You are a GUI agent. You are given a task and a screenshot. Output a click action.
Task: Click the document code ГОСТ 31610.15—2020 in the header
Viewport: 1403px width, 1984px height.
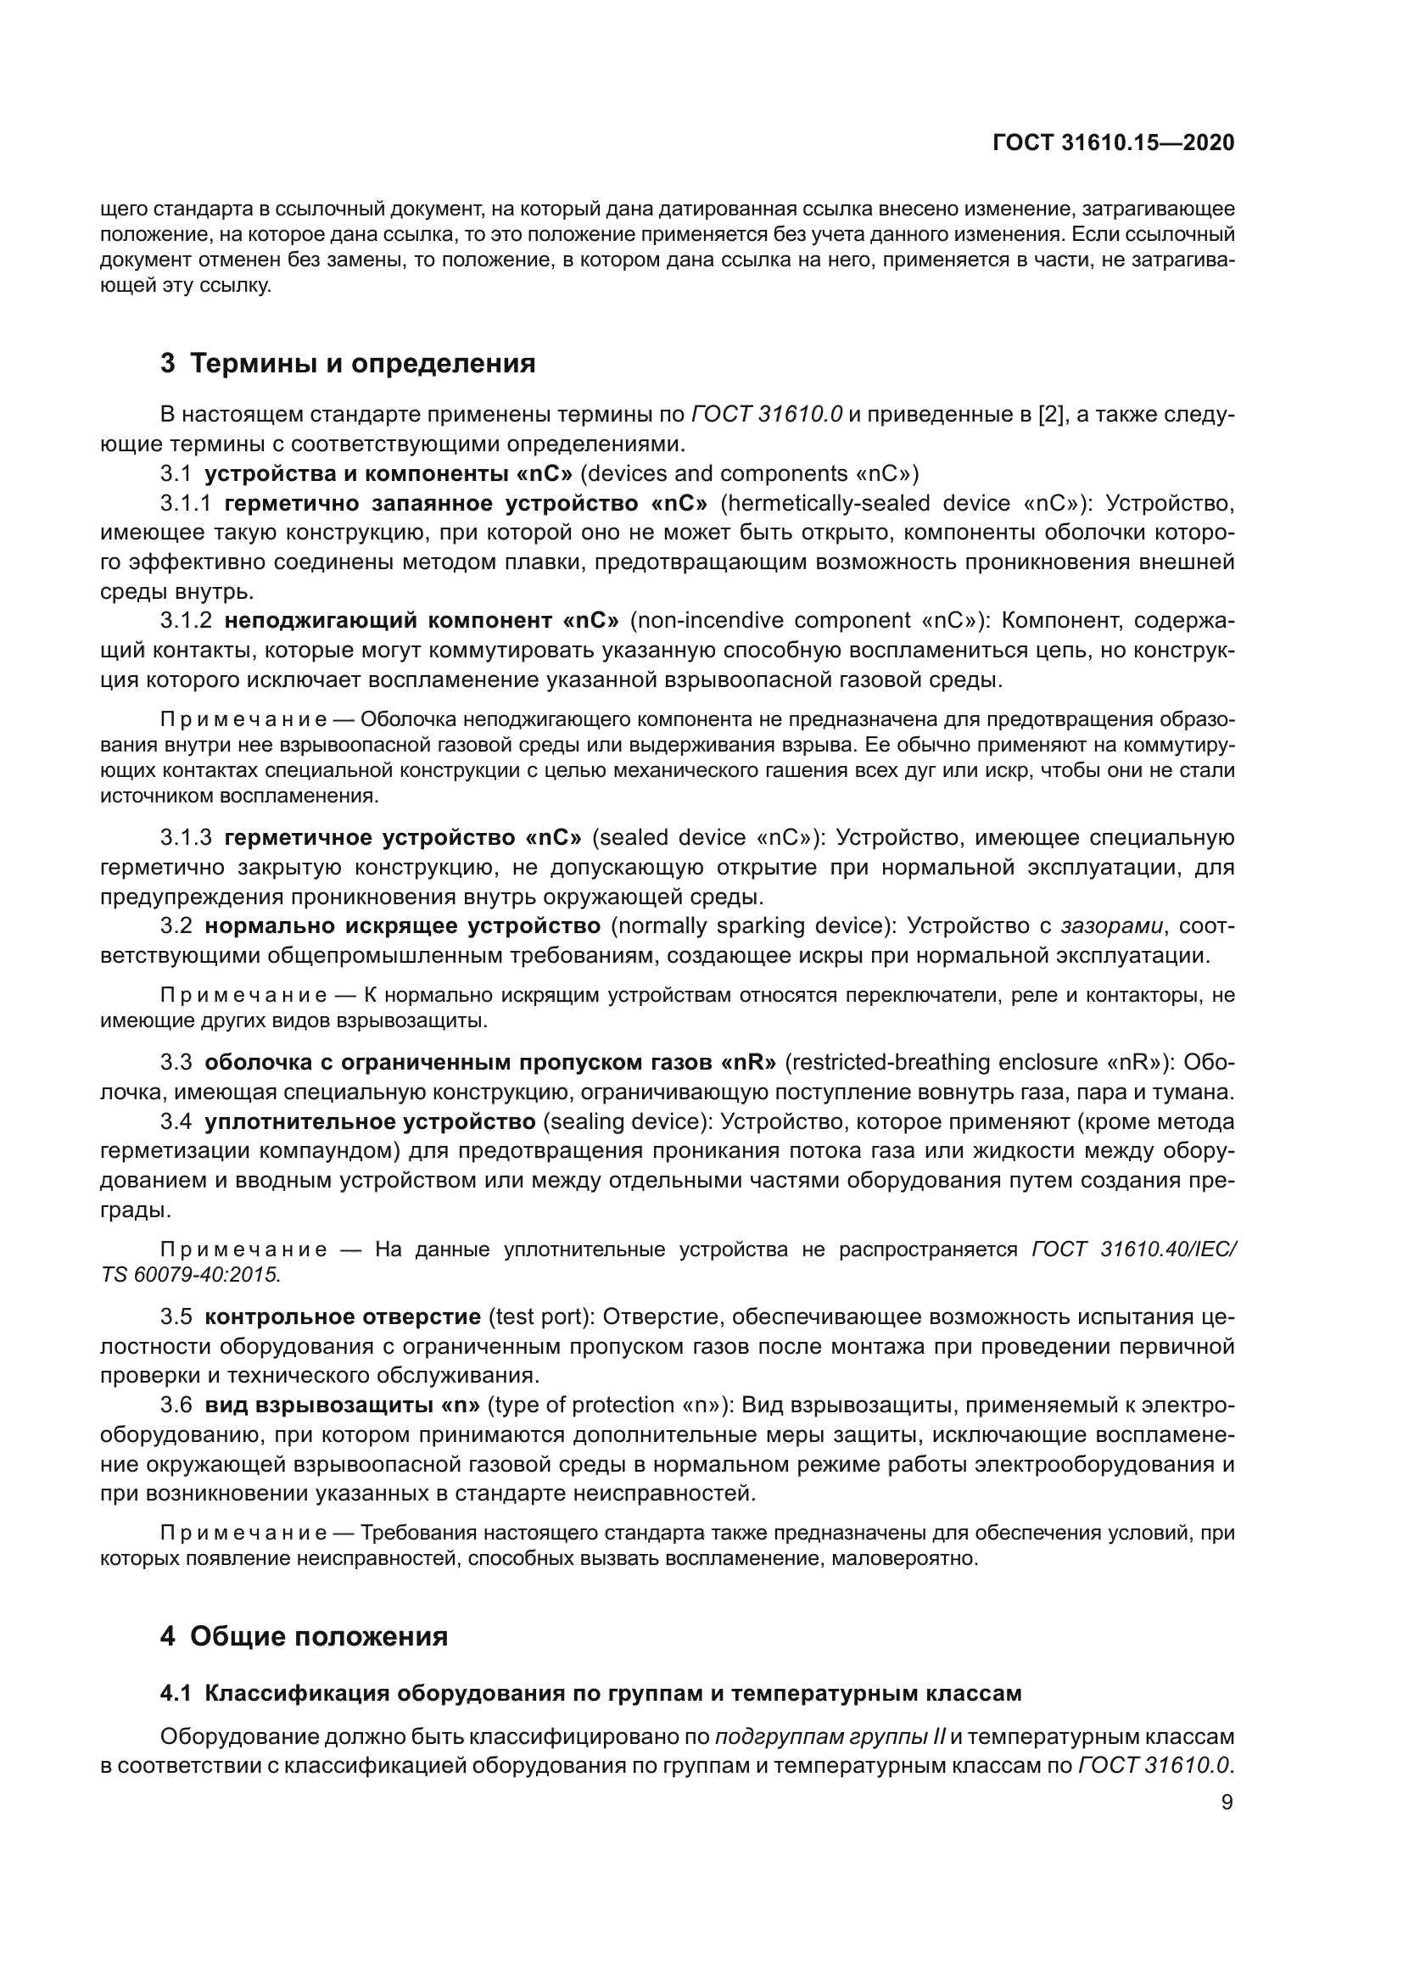1113,143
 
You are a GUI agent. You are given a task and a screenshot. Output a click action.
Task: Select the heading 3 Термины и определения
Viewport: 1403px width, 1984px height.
347,364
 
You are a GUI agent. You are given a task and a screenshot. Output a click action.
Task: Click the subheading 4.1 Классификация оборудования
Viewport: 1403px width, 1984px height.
590,1693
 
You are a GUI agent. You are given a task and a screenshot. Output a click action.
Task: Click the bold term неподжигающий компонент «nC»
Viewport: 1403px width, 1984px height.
422,621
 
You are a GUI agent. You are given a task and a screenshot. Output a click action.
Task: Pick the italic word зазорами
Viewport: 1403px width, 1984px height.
1111,926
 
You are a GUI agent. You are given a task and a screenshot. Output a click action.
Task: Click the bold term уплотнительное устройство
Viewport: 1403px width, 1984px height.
370,1122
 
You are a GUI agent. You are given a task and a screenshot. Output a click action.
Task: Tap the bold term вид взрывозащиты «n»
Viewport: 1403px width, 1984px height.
342,1405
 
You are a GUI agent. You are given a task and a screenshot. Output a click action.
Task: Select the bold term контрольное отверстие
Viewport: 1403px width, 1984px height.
342,1317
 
